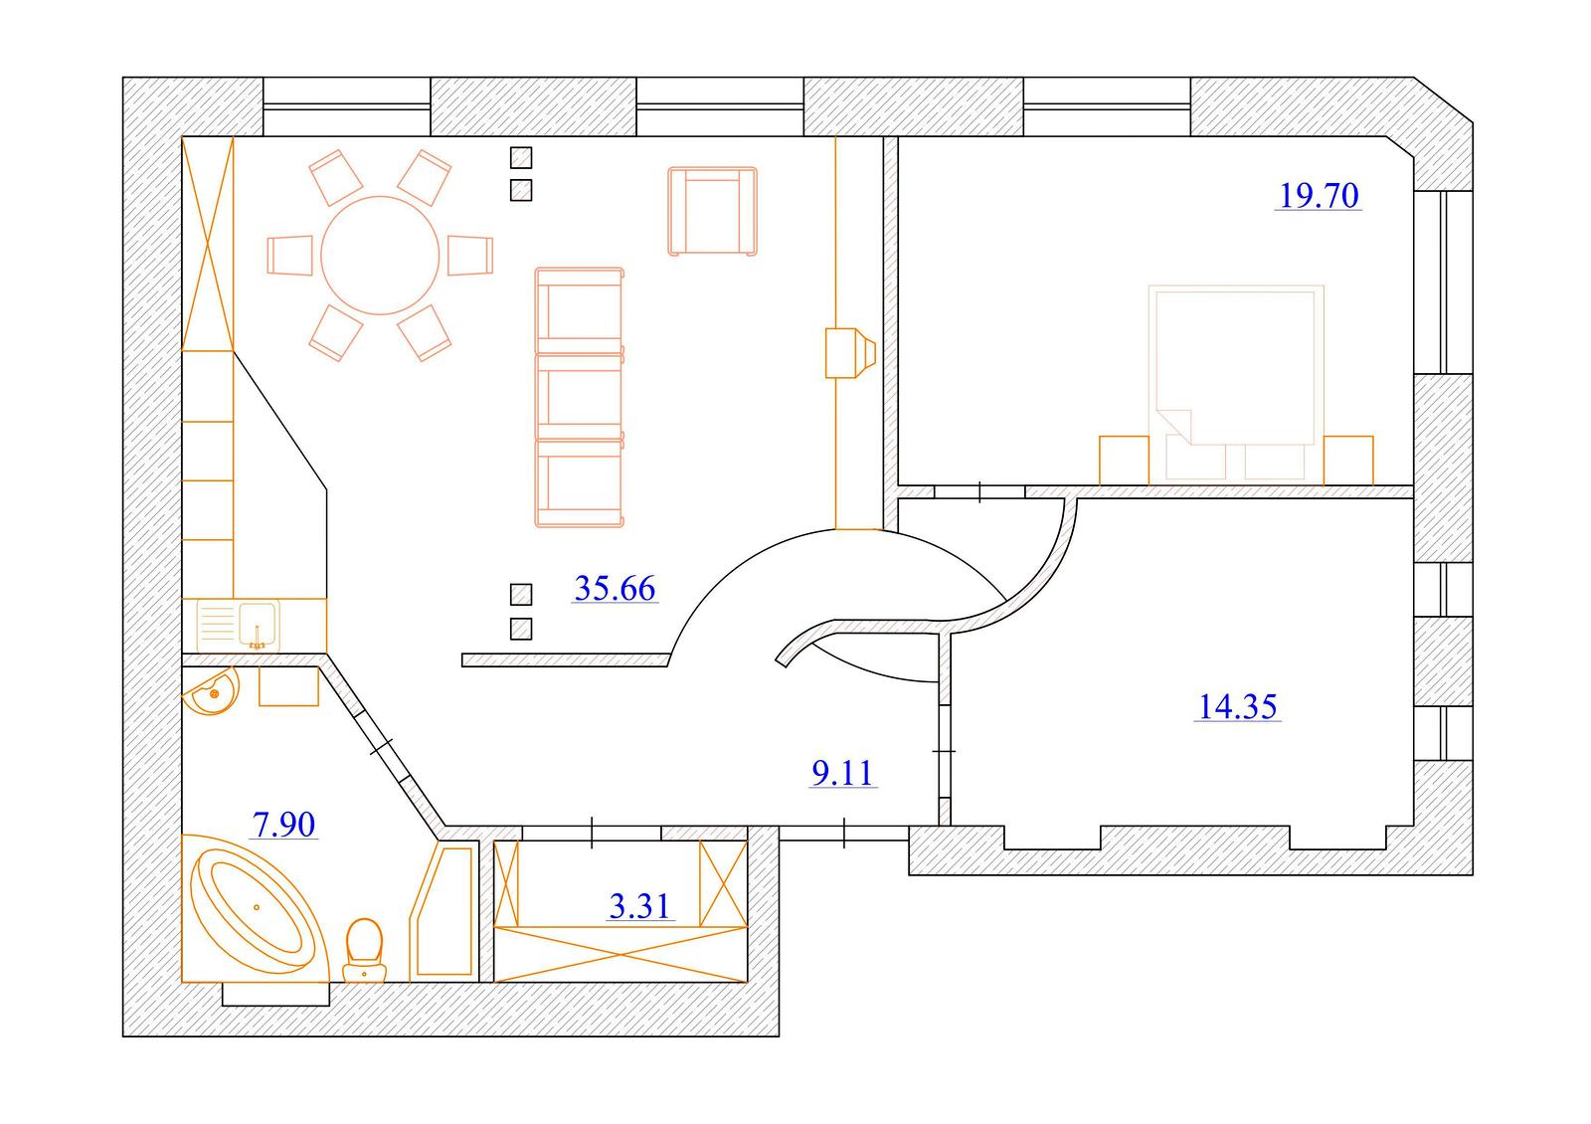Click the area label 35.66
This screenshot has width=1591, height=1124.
(x=615, y=588)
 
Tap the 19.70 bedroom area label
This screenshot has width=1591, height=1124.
(x=1319, y=196)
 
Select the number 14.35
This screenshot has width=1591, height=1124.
(x=1238, y=706)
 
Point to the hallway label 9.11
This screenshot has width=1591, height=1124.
(x=843, y=772)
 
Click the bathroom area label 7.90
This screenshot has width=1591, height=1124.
(x=284, y=825)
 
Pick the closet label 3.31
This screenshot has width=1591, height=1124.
(x=640, y=906)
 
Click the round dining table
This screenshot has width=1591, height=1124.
(x=380, y=255)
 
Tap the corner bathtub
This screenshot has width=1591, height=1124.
(x=255, y=909)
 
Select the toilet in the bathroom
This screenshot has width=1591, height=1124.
(x=364, y=952)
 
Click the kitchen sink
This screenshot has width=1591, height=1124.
(x=239, y=626)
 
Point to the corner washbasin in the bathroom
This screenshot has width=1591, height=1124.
(x=212, y=690)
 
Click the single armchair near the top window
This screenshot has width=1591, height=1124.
(x=712, y=211)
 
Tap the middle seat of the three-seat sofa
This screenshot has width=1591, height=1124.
(x=580, y=397)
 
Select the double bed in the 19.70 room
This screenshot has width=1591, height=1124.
(x=1236, y=384)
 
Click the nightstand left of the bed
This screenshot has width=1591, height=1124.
(x=1125, y=461)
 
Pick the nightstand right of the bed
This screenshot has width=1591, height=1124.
(x=1348, y=461)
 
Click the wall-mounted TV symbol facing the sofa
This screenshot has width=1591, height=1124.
(x=850, y=352)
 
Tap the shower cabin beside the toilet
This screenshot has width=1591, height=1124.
(x=442, y=911)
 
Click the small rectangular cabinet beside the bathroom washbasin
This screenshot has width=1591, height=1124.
(x=288, y=686)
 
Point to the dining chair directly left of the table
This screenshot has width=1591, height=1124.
(x=289, y=255)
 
